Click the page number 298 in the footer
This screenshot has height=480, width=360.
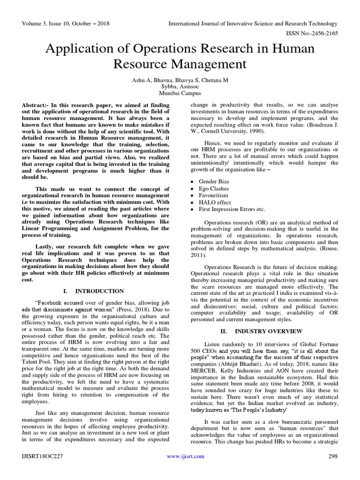point(332,456)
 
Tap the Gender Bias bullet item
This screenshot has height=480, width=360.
point(214,181)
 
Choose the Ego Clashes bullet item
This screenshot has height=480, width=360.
point(214,188)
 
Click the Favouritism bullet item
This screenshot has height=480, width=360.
point(214,195)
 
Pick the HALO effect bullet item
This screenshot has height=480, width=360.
point(215,202)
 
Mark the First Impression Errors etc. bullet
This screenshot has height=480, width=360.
point(232,209)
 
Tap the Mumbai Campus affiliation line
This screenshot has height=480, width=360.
point(180,94)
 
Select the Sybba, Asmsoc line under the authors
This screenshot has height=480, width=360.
point(180,87)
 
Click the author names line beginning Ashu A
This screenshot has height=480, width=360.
point(180,80)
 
